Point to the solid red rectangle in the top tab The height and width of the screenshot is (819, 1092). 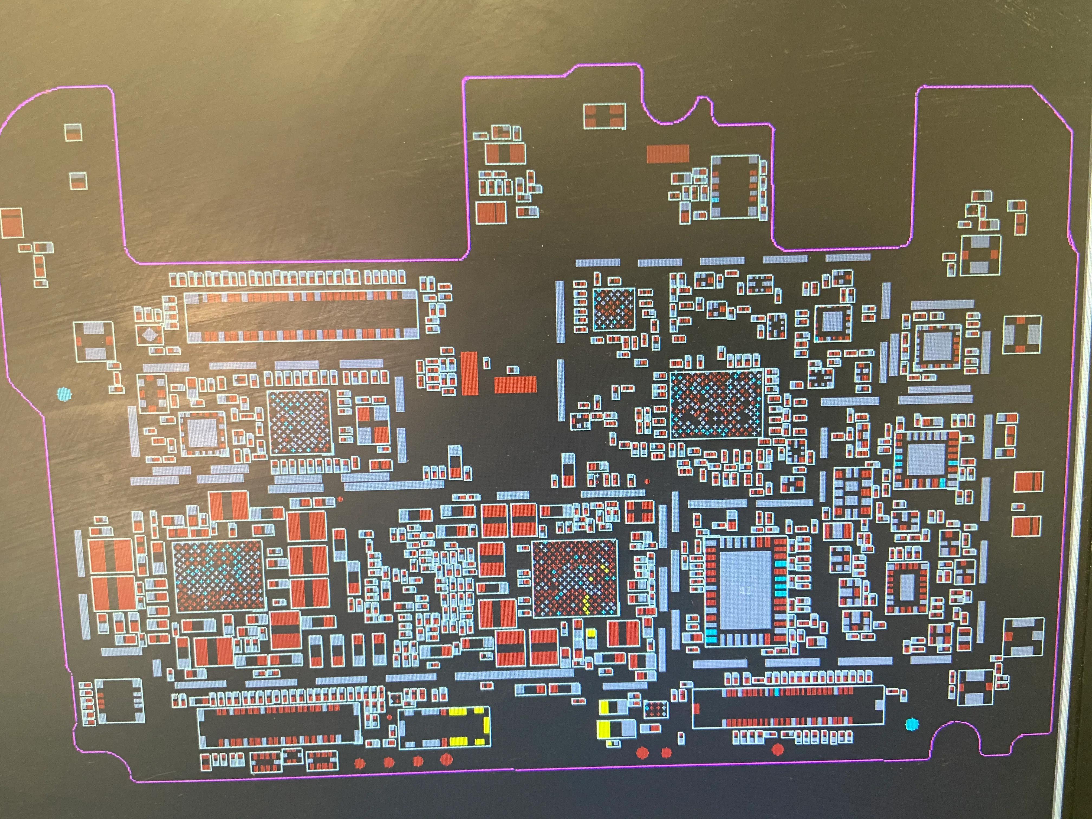(667, 154)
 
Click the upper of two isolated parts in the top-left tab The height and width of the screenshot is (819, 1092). (73, 132)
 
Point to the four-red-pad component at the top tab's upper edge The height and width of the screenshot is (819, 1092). (604, 116)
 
